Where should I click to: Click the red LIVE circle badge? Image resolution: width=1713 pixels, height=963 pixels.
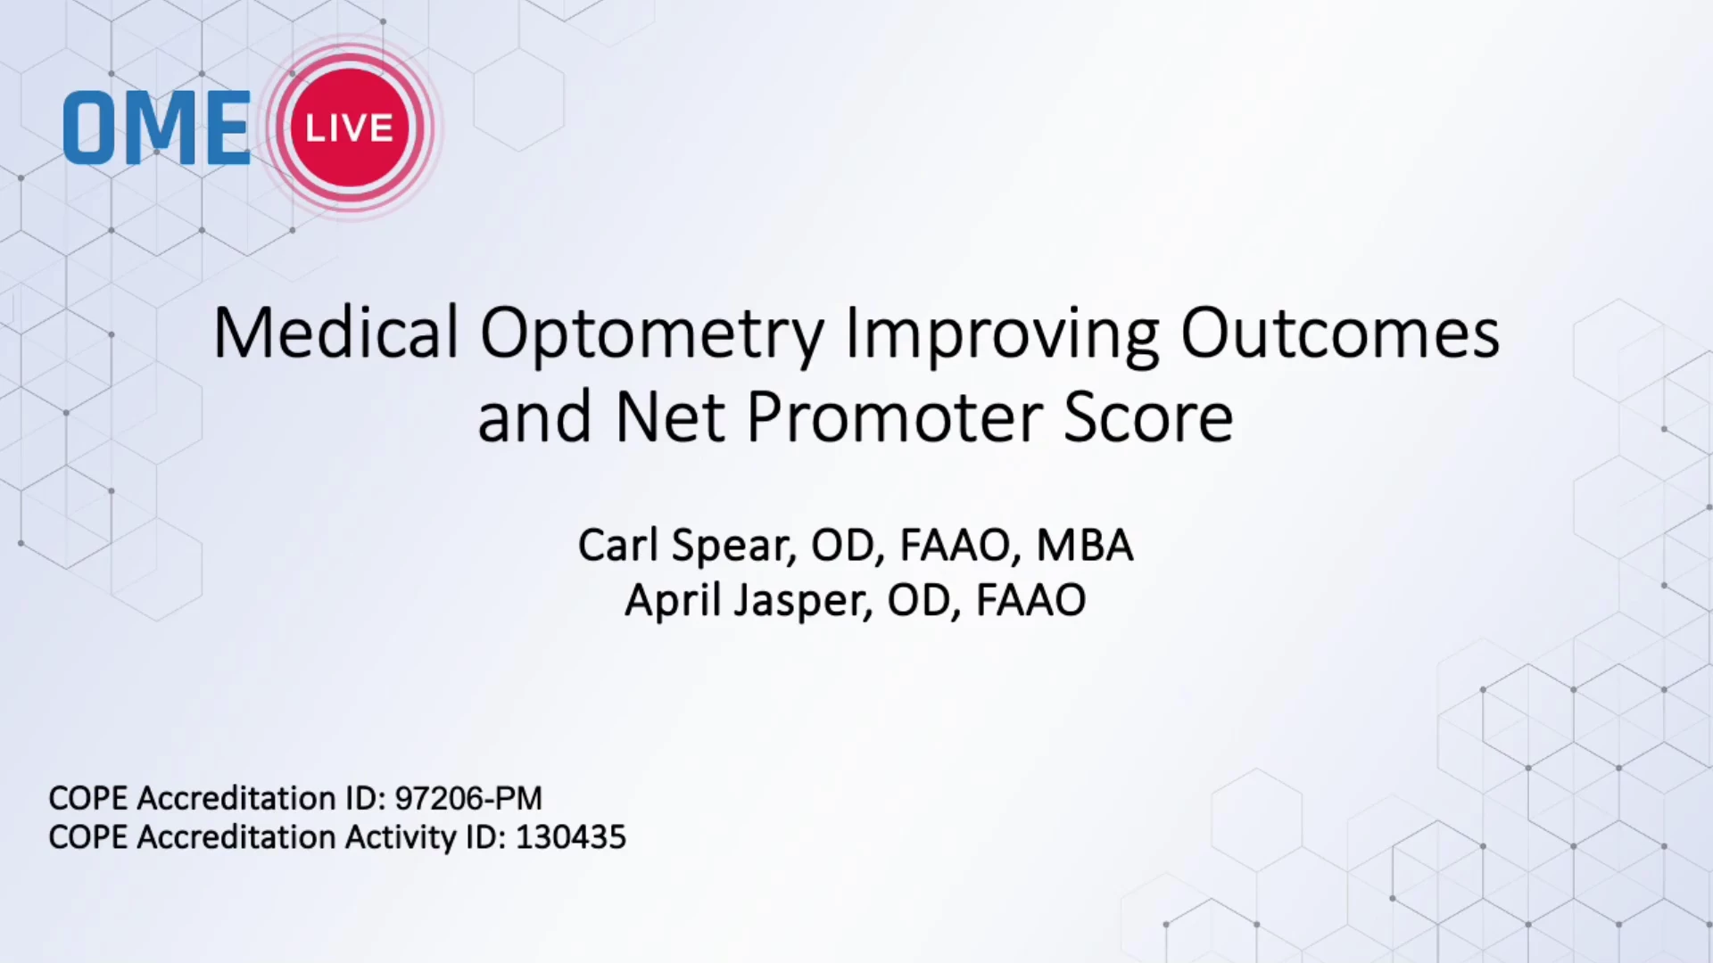tap(350, 127)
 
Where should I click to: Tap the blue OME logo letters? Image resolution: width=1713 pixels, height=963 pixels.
tap(156, 128)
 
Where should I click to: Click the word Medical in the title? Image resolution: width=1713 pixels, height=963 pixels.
tap(335, 333)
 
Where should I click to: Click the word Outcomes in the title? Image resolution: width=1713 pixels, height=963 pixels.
tap(1340, 333)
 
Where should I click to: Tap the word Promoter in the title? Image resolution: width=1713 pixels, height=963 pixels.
tap(894, 417)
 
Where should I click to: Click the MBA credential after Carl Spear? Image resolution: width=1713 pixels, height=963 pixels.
tap(1085, 545)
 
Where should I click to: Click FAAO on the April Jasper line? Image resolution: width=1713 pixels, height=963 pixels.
tap(1030, 599)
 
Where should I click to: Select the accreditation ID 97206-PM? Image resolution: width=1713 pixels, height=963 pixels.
tap(468, 798)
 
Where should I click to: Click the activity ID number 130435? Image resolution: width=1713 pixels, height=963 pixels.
tap(571, 837)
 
